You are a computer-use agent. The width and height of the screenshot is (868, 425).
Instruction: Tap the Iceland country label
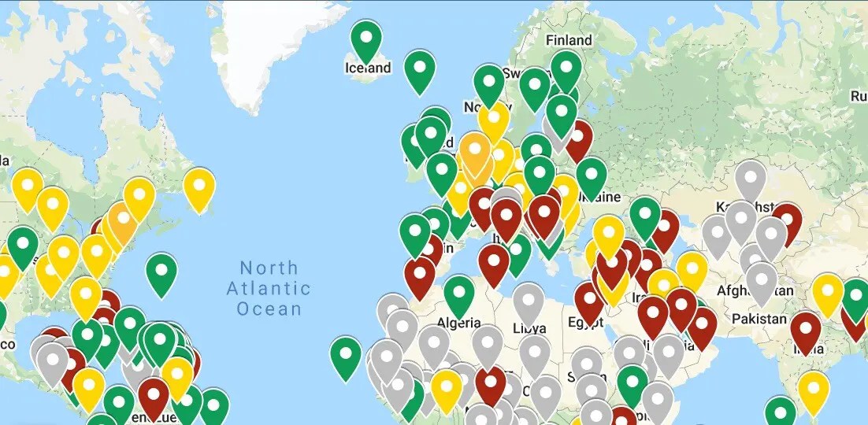(x=368, y=68)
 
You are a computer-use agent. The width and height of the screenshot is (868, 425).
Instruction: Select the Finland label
(x=569, y=40)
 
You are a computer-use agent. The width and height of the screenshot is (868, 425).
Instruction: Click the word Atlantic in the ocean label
(x=269, y=288)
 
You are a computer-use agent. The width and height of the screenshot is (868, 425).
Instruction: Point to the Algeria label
(x=458, y=323)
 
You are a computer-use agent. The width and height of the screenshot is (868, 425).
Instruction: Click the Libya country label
(x=529, y=327)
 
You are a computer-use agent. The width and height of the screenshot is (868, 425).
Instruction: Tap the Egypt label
(x=584, y=323)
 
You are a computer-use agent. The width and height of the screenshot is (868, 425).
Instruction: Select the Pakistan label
(x=759, y=319)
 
